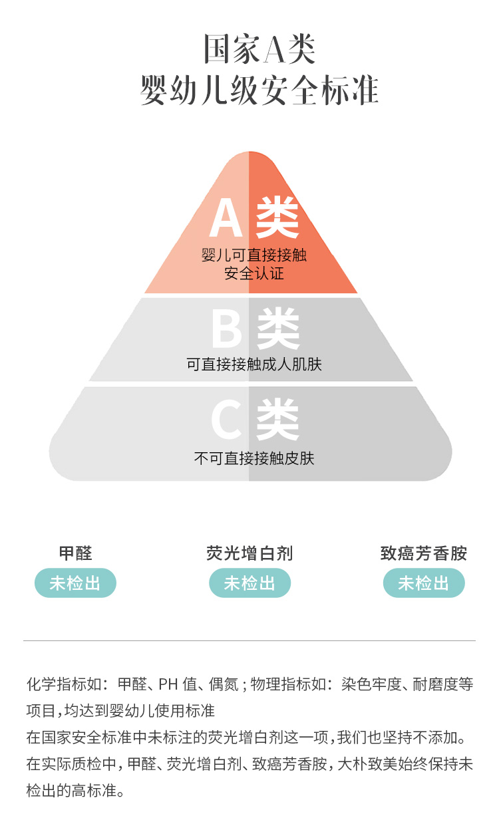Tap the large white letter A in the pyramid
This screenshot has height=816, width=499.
pyautogui.click(x=226, y=218)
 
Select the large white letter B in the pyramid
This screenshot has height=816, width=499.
pyautogui.click(x=226, y=329)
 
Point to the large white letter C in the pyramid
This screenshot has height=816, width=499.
pyautogui.click(x=226, y=420)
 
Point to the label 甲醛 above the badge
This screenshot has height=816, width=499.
pyautogui.click(x=75, y=553)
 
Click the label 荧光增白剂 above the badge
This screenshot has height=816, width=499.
pyautogui.click(x=249, y=553)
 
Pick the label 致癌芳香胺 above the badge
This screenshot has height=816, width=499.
pyautogui.click(x=424, y=553)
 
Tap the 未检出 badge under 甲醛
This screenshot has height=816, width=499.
pyautogui.click(x=75, y=583)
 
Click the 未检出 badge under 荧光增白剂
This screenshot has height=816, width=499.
pyautogui.click(x=249, y=583)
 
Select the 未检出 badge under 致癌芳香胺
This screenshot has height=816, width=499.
pyautogui.click(x=424, y=583)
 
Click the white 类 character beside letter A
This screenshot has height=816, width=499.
pyautogui.click(x=278, y=218)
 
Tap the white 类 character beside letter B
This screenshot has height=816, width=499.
pyautogui.click(x=278, y=329)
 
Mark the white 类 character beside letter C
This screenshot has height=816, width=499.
pyautogui.click(x=278, y=420)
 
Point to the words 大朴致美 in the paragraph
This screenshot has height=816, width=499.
pyautogui.click(x=384, y=764)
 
